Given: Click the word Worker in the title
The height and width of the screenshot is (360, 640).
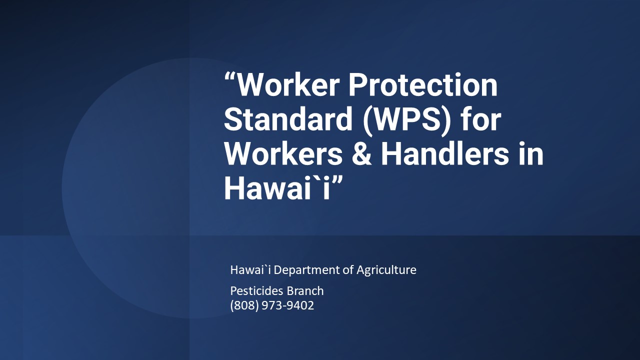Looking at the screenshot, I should pos(287,85).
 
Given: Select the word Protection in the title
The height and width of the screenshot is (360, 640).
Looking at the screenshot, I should pos(423,85).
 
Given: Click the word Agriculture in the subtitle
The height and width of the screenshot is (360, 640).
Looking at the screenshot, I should pos(386,270).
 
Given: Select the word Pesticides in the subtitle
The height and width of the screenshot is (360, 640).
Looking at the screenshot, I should pos(255,290).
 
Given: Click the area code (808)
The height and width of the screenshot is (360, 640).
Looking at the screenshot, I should pos(243,305).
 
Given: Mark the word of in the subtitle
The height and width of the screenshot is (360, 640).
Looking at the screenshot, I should pos(348,270).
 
